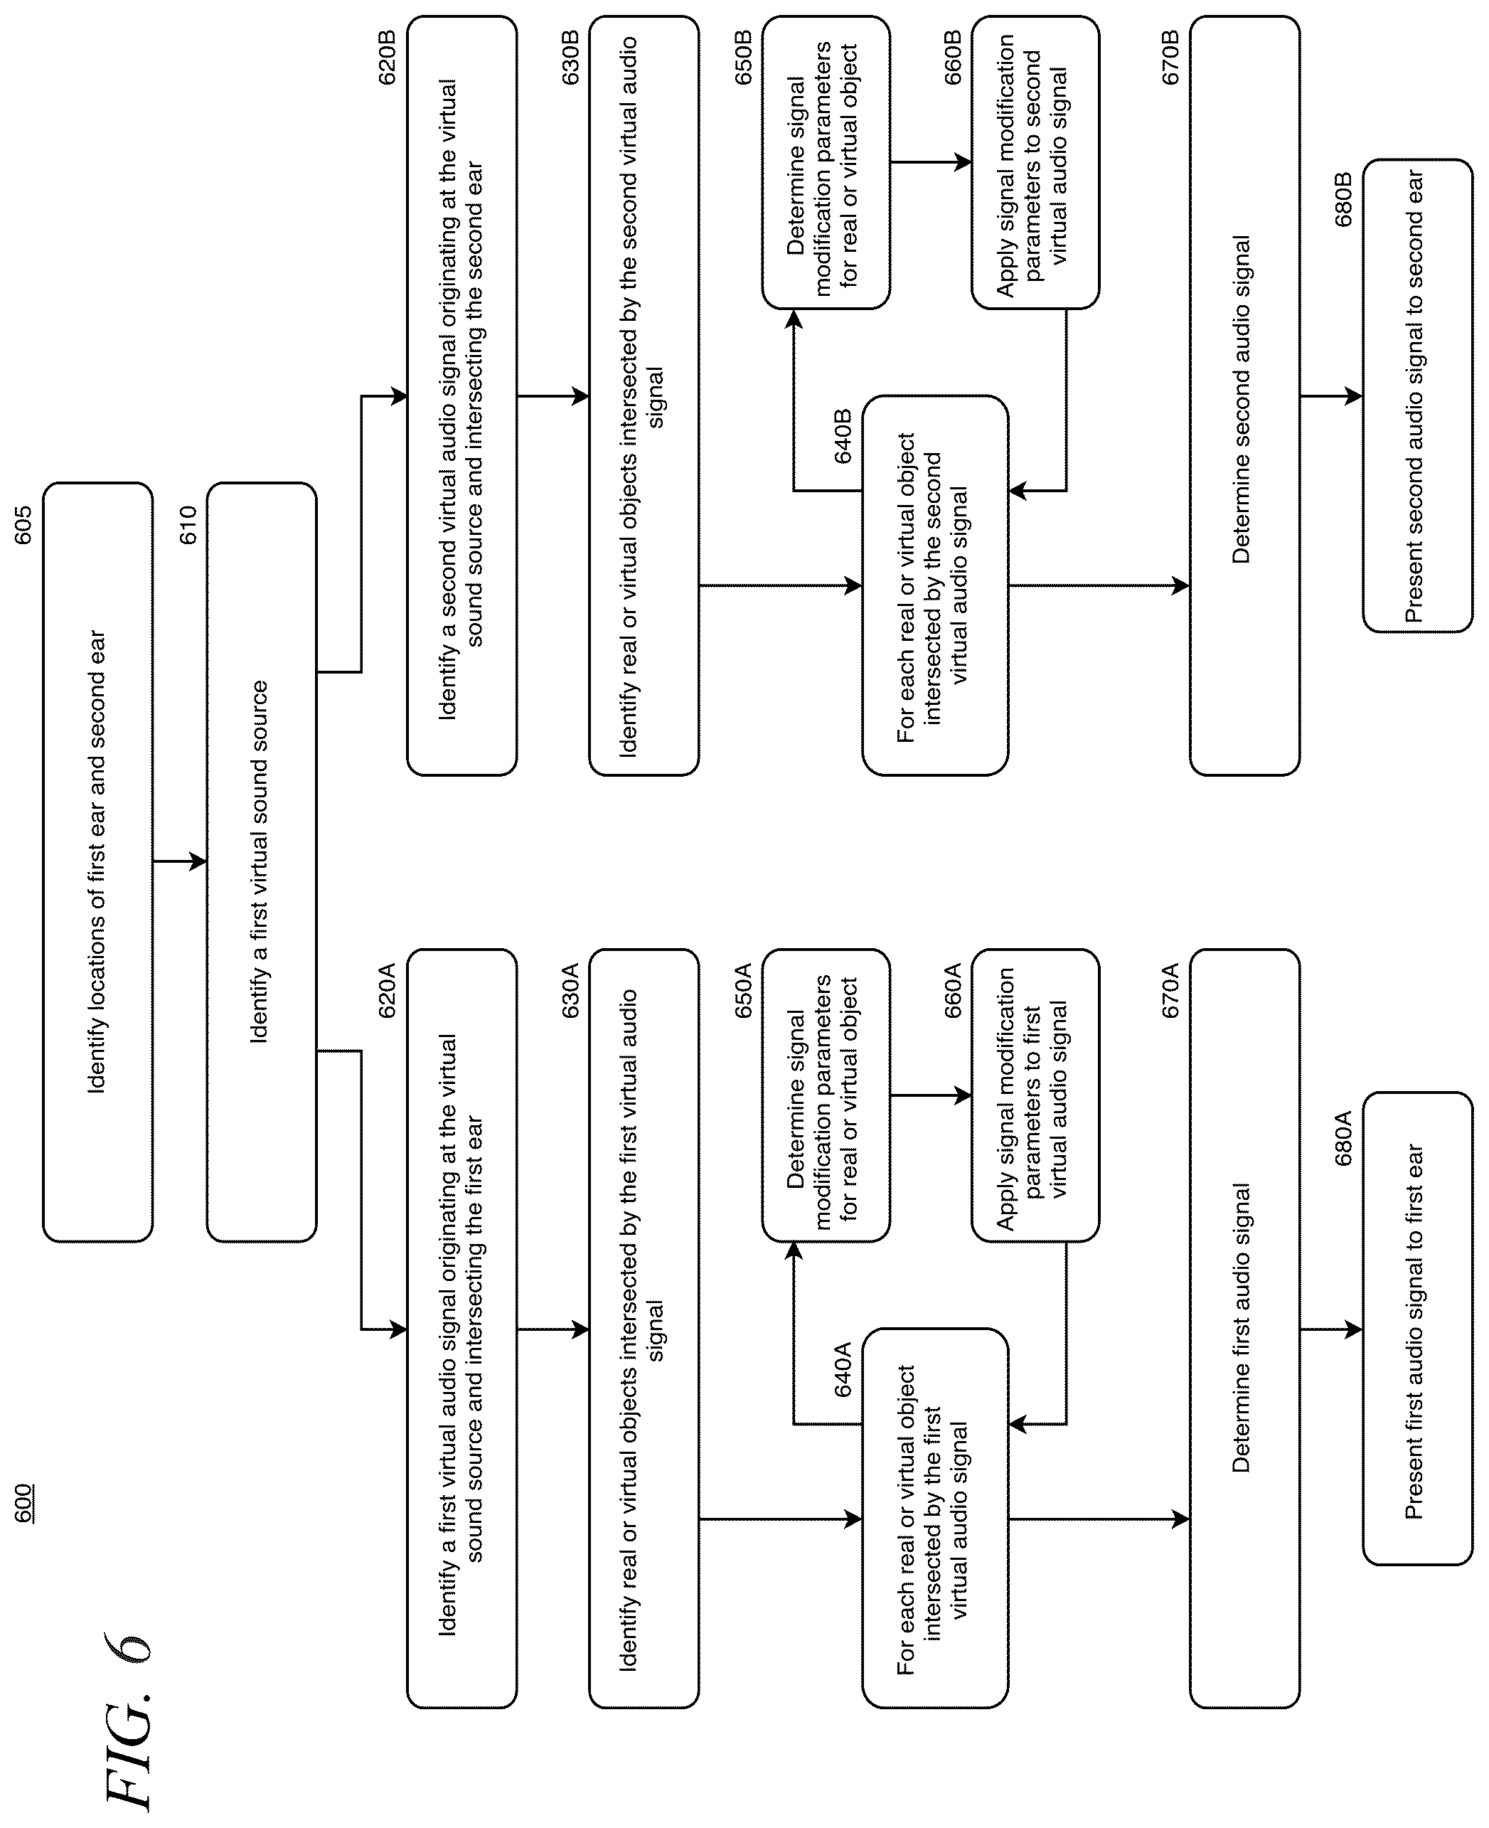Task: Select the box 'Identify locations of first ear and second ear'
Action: (98, 862)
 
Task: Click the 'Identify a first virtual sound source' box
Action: (262, 862)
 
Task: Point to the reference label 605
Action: (23, 525)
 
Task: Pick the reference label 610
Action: (188, 525)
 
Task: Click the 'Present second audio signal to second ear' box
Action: (1418, 396)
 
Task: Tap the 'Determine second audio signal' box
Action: (1244, 396)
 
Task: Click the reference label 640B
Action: (843, 437)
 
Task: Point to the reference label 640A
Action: (843, 1370)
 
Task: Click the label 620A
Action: (388, 991)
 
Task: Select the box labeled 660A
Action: (1035, 1095)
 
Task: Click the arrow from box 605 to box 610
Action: (180, 861)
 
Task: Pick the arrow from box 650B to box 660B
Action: (931, 162)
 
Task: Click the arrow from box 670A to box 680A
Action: (1331, 1329)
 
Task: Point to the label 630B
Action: (570, 58)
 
